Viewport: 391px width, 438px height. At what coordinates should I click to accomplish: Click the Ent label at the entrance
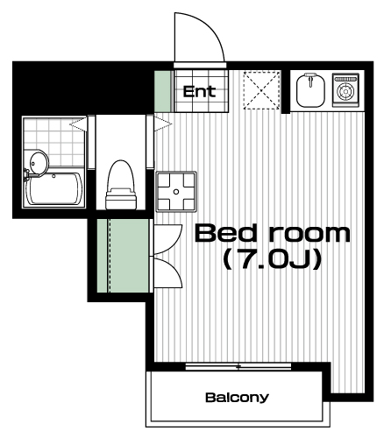point(199,91)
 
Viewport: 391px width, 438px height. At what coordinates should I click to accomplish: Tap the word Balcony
point(237,398)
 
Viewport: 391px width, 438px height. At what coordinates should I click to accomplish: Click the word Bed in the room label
point(225,233)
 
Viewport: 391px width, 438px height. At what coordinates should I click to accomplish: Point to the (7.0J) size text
point(273,259)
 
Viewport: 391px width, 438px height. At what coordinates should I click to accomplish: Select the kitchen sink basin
point(310,90)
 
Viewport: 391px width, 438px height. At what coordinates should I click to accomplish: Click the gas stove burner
point(345,90)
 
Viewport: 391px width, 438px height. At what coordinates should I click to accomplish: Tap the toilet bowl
point(121,185)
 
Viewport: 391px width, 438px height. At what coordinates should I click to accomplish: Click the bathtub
point(53,188)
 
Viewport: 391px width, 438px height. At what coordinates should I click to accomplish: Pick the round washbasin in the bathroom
point(39,163)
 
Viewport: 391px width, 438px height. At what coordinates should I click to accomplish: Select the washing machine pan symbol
point(176,192)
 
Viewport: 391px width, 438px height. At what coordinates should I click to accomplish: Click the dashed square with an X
point(261,90)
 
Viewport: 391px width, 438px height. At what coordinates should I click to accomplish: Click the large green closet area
point(123,256)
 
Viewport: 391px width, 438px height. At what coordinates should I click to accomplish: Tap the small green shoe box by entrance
point(162,91)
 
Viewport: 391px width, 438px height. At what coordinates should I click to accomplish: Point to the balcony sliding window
point(238,366)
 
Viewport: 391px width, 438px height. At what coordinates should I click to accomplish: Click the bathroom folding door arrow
point(78,124)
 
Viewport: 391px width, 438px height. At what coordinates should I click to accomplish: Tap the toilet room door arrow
point(163,124)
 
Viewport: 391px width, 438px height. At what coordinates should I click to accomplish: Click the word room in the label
point(309,234)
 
